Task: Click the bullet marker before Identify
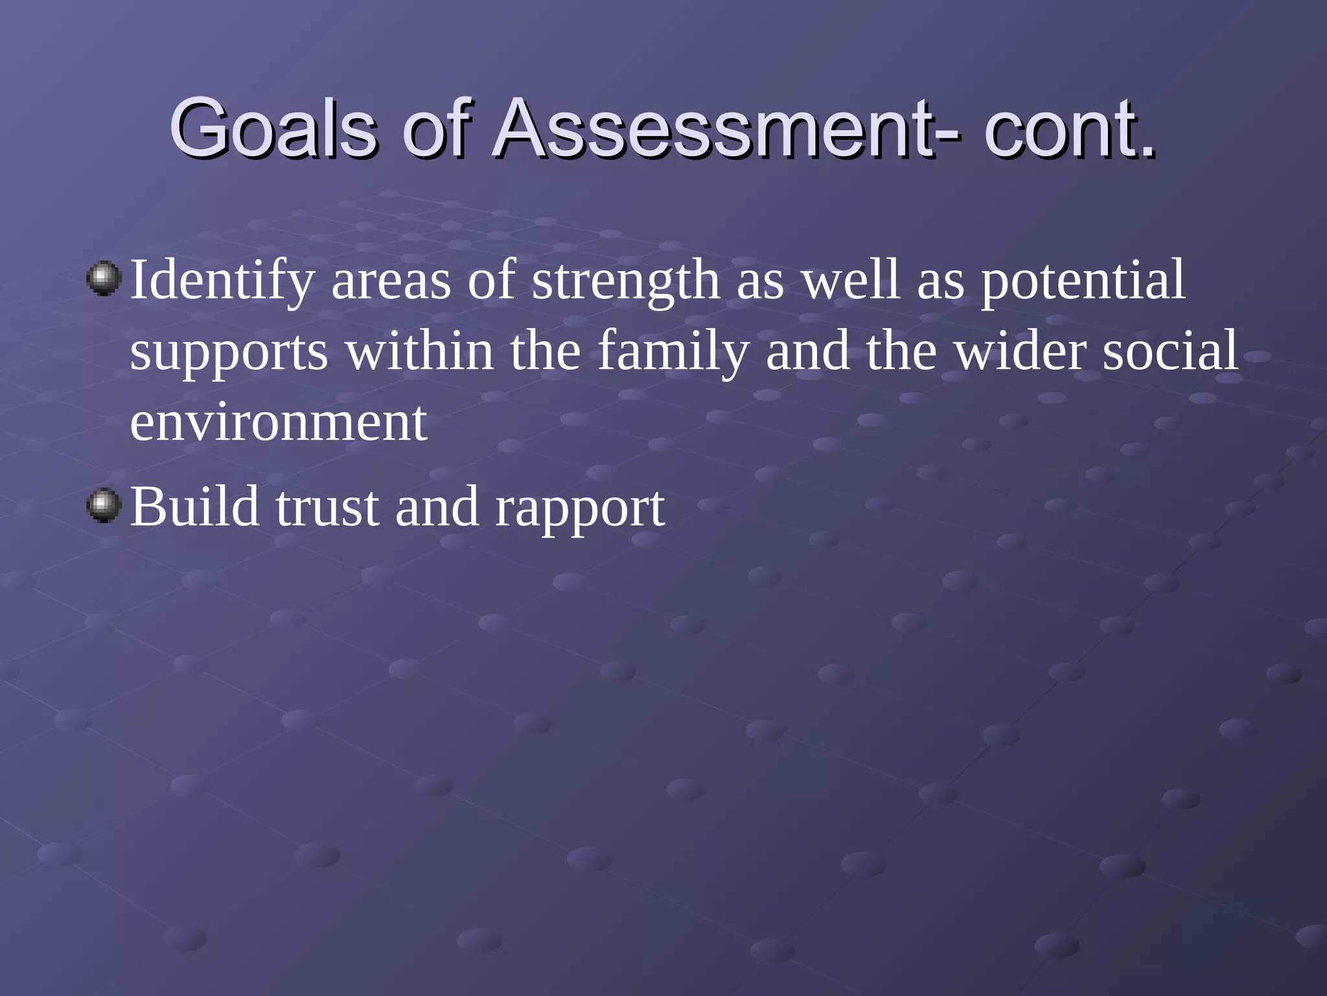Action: point(104,279)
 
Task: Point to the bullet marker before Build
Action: point(104,506)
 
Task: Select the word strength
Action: point(625,281)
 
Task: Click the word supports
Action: point(229,352)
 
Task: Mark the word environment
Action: point(279,423)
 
